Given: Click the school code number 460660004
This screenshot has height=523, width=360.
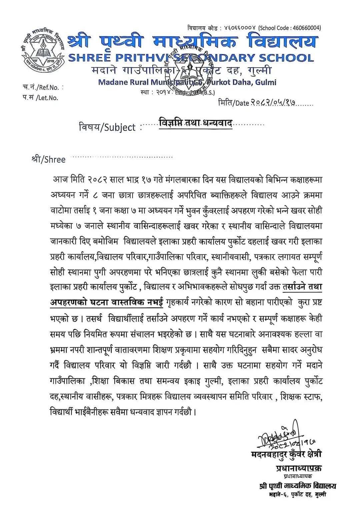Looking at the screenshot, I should click(x=307, y=28).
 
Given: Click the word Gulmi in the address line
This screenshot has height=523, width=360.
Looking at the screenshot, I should click(x=266, y=82).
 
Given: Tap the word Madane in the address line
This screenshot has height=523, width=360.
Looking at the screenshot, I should click(x=111, y=82).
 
